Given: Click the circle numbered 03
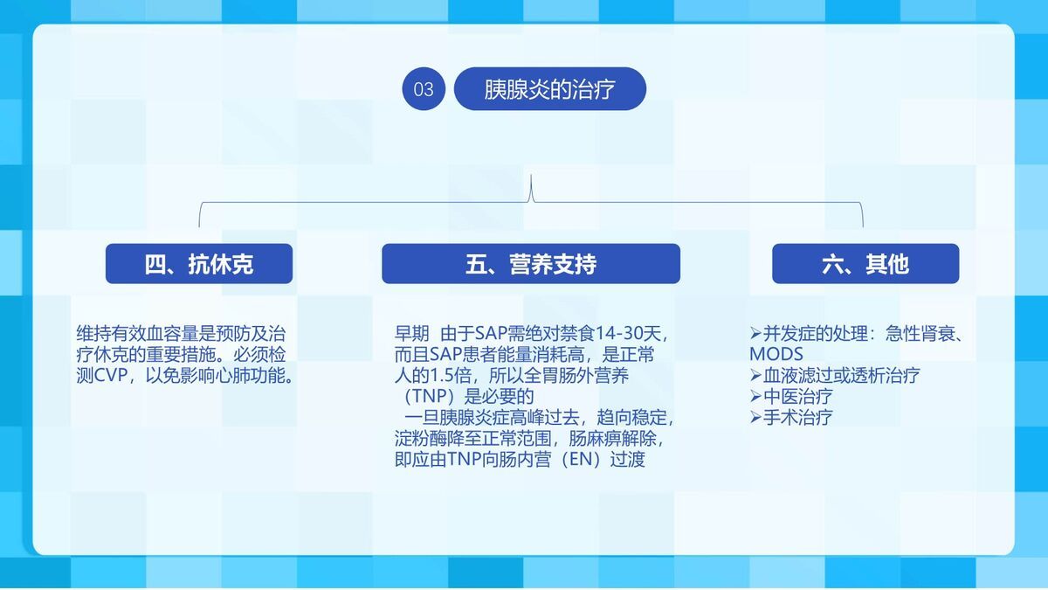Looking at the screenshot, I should pos(424,89).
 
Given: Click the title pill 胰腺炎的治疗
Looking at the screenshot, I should pos(550,89).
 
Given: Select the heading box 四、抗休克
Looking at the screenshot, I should pos(199,264).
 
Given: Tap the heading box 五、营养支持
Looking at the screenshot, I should pos(531,264).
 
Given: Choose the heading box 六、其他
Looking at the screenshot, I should pos(865,264).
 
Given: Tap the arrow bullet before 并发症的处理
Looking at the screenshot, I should pos(756,334).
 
